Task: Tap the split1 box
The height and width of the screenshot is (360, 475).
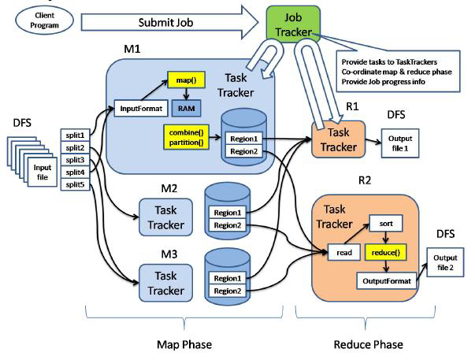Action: point(75,135)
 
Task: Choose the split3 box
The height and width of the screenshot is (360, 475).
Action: point(75,161)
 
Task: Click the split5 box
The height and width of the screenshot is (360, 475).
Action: point(75,186)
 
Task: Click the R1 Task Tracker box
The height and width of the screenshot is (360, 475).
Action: point(337,139)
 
